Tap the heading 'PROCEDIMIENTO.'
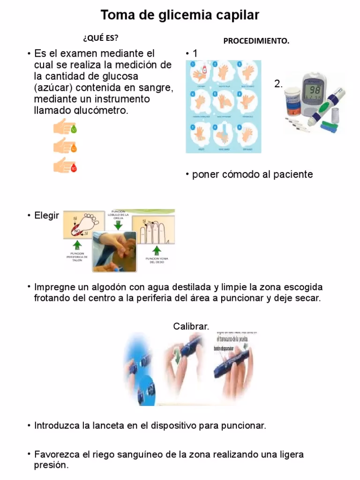coord(256,41)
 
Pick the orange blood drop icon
coord(73,149)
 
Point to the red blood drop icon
coord(73,167)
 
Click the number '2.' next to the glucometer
coord(278,84)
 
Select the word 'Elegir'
coord(46,216)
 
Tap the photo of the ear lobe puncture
coord(114,251)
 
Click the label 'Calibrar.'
coord(191,326)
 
